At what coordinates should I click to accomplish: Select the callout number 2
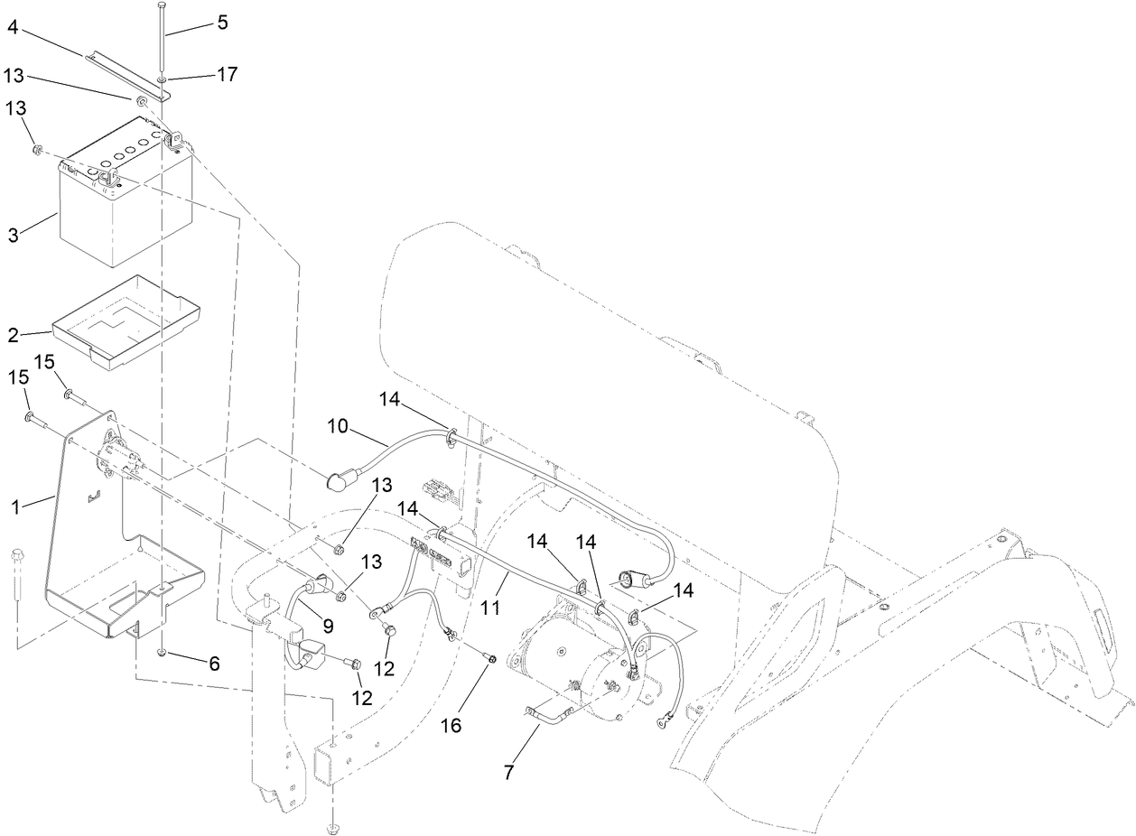click(x=14, y=336)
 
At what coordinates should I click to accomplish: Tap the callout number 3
click(x=14, y=237)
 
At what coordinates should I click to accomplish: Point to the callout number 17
click(x=226, y=74)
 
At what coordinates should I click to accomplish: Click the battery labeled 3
click(x=117, y=217)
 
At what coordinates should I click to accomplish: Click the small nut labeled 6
click(x=161, y=652)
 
